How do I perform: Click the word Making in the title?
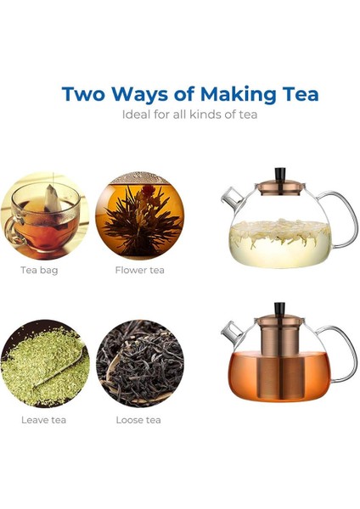pos(238,94)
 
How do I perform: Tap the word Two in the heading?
pos(83,94)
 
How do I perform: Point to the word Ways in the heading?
pos(139,95)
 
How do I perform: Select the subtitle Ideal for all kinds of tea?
pos(189,115)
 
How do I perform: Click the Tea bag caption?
pos(39,270)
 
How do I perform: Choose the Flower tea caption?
pos(140,270)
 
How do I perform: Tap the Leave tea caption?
pos(43,420)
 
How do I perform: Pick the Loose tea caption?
pos(138,420)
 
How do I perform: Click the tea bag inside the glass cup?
pos(53,199)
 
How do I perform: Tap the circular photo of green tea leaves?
pos(45,364)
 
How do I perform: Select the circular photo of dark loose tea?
pos(140,364)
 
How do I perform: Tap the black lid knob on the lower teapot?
pos(279,309)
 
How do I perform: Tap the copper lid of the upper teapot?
pos(280,187)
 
